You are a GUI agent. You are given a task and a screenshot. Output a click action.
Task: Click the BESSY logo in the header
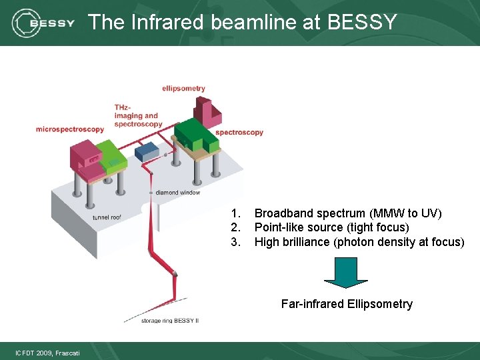(43, 23)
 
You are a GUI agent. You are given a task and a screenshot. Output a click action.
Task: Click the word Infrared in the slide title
(166, 22)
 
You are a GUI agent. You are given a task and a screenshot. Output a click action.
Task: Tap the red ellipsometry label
(183, 89)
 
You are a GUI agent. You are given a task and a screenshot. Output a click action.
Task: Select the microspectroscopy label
(70, 129)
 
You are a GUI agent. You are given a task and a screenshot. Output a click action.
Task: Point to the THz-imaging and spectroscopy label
(138, 115)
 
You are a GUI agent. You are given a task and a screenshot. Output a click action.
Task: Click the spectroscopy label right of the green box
(239, 132)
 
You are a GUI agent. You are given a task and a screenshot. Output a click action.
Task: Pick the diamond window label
(178, 193)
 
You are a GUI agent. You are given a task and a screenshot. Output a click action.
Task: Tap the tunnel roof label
(107, 217)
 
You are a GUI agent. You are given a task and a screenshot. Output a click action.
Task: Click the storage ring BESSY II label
(170, 321)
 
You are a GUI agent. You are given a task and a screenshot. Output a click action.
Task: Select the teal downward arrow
(345, 272)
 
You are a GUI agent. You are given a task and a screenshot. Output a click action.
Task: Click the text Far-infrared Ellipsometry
(347, 304)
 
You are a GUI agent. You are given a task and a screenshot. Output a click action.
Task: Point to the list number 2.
(235, 227)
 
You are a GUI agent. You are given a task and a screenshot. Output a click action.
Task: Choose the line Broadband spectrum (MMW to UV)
(348, 213)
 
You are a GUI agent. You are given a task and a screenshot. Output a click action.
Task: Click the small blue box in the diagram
(146, 152)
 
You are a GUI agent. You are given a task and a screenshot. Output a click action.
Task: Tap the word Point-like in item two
(280, 227)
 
